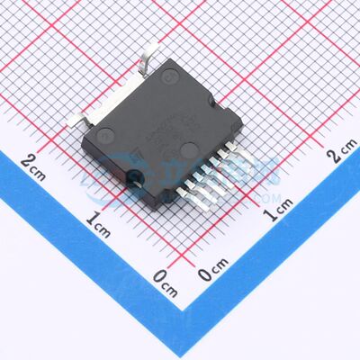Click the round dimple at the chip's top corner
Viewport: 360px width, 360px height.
[x=167, y=77]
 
